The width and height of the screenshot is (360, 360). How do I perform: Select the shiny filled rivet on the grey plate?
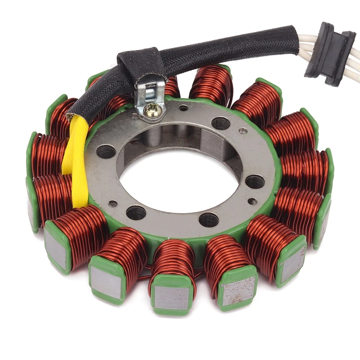(x=243, y=131)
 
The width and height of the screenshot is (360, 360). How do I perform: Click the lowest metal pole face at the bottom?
(x=171, y=297)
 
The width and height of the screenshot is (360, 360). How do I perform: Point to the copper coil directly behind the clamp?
(x=171, y=85)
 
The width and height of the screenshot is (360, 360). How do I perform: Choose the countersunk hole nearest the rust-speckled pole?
(x=209, y=219)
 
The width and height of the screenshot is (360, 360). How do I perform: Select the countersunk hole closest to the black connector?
(x=220, y=122)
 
